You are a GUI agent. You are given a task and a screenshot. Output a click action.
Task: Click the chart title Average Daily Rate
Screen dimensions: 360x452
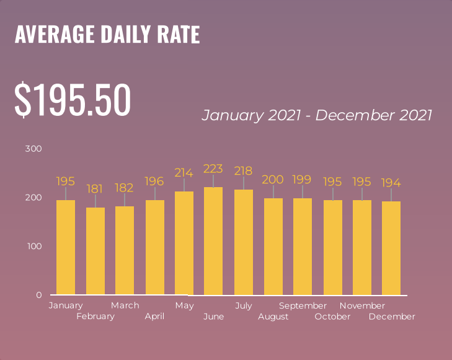point(107,35)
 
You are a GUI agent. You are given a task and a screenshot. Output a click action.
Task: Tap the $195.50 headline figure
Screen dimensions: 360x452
point(73,100)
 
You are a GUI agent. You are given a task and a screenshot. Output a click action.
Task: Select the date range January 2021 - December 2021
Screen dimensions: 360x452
point(317,115)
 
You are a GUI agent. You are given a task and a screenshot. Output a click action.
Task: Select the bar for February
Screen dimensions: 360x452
point(95,251)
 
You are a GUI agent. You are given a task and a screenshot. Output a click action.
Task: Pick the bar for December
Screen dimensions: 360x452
point(391,248)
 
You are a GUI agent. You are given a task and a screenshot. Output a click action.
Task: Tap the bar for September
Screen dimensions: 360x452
point(303,246)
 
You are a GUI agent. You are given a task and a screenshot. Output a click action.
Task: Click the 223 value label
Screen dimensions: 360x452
point(213,169)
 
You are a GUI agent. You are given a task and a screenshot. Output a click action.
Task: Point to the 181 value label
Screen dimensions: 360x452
point(95,188)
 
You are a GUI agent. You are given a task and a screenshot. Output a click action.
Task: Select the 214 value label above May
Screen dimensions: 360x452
point(184,173)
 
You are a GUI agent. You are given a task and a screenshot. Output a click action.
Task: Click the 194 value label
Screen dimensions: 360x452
point(391,183)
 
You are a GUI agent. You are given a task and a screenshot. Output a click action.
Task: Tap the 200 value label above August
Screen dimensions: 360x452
point(273,180)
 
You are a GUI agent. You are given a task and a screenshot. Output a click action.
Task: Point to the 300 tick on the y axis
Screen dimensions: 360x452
point(33,149)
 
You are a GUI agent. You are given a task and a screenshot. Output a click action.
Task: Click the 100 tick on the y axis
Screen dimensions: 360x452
point(33,246)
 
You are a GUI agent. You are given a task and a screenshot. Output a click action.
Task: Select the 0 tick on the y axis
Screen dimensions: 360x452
point(38,295)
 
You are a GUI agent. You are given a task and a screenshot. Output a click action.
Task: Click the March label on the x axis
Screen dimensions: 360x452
point(125,305)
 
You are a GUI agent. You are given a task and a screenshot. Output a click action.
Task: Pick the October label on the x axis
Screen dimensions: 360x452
point(332,317)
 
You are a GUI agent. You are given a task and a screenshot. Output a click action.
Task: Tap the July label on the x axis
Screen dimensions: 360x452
point(243,305)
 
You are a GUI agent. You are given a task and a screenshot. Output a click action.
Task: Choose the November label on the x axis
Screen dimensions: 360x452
point(362,305)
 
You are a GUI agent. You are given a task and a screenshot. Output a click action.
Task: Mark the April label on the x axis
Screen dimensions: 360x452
point(154,317)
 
